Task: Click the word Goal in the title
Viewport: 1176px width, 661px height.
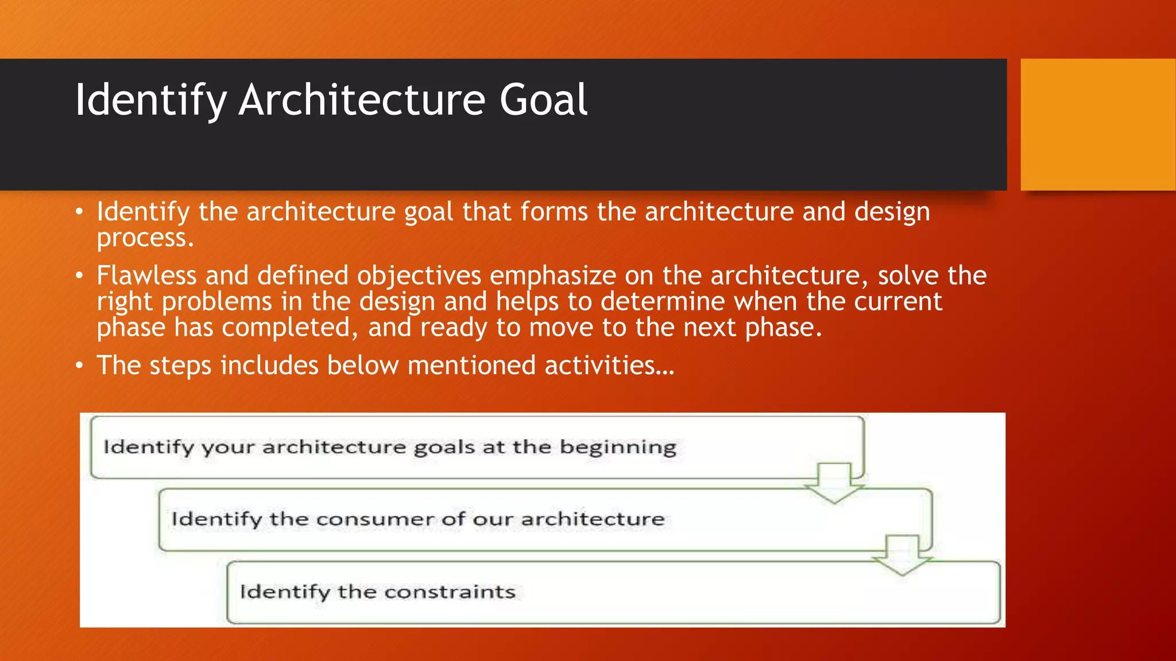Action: click(x=543, y=100)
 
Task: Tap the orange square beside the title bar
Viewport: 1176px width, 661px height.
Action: click(x=1097, y=125)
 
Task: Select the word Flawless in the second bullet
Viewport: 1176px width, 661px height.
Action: click(x=146, y=275)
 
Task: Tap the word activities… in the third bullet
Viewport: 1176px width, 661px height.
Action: click(x=609, y=366)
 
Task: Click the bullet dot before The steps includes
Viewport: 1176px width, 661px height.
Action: click(x=80, y=366)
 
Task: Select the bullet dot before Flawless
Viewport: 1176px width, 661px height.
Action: click(x=80, y=276)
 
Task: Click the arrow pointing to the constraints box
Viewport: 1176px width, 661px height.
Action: click(x=902, y=555)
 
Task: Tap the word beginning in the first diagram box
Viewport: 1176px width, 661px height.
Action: click(x=618, y=447)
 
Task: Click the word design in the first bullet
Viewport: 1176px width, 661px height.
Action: click(x=892, y=212)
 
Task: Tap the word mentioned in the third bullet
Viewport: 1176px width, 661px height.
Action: click(x=471, y=366)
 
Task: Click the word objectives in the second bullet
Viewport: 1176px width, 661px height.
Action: click(x=419, y=277)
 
